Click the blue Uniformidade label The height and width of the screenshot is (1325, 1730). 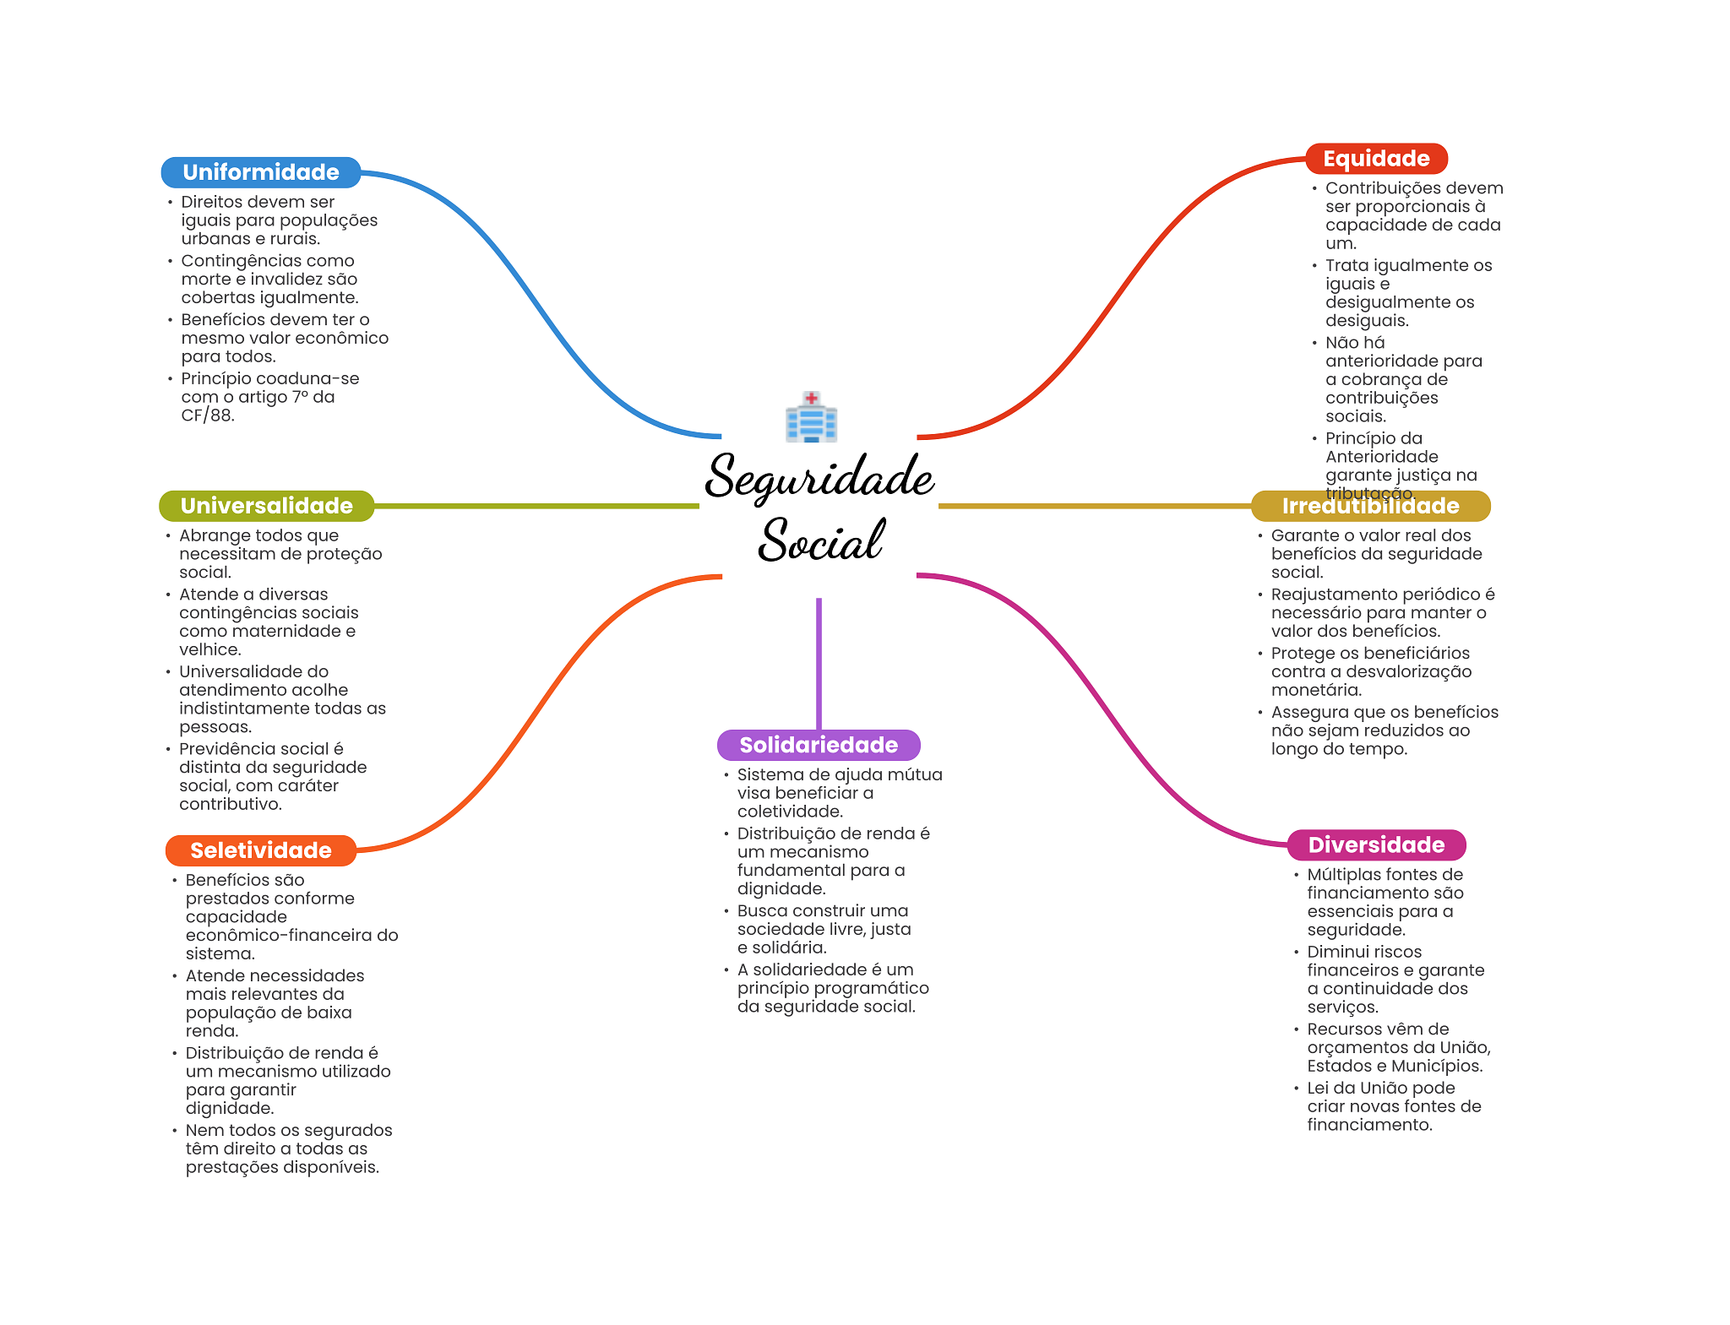(x=260, y=172)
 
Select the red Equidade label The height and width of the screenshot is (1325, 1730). (x=1375, y=159)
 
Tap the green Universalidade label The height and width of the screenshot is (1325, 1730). (x=266, y=506)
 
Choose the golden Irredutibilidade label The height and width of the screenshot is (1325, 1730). (x=1370, y=506)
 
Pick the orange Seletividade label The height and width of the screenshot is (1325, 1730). (x=260, y=850)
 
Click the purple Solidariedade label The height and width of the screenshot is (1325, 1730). (x=818, y=745)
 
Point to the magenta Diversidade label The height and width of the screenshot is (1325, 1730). (x=1375, y=844)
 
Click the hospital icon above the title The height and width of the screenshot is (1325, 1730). (x=811, y=417)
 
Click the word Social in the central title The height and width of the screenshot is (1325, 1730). (x=821, y=540)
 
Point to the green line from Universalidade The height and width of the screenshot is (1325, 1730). (x=536, y=506)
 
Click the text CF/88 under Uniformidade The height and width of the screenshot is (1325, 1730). (x=206, y=415)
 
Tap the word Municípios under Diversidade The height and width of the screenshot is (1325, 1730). (x=1436, y=1066)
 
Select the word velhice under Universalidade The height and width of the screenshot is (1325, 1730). (x=209, y=649)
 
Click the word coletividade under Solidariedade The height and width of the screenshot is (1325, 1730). (x=789, y=812)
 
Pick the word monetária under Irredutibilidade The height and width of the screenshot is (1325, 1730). (x=1315, y=690)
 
